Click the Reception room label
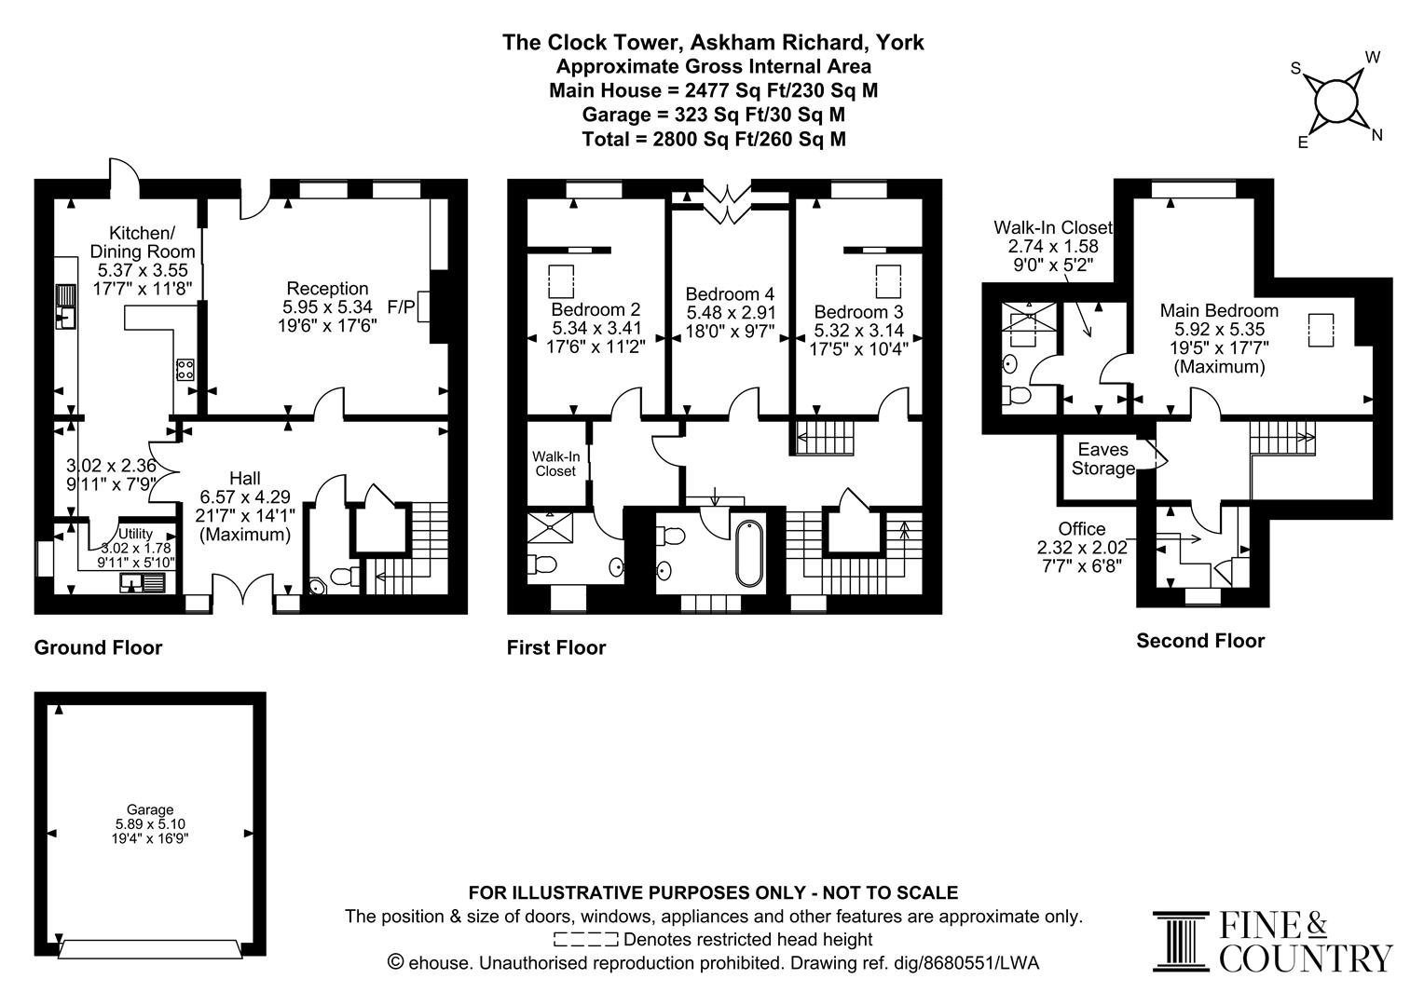coord(327,289)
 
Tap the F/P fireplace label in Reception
coord(402,306)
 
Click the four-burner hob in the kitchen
coord(185,370)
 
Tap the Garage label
coord(150,809)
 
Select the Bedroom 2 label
coord(596,309)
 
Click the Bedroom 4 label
coord(730,292)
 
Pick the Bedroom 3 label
coord(858,311)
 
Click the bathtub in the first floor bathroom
coord(748,553)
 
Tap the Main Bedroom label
coord(1218,310)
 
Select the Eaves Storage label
coord(1102,459)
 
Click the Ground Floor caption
coord(98,647)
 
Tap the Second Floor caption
coord(1200,641)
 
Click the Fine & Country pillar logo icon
coord(1180,942)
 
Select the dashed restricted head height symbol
coord(585,939)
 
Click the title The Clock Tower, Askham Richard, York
coord(713,42)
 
